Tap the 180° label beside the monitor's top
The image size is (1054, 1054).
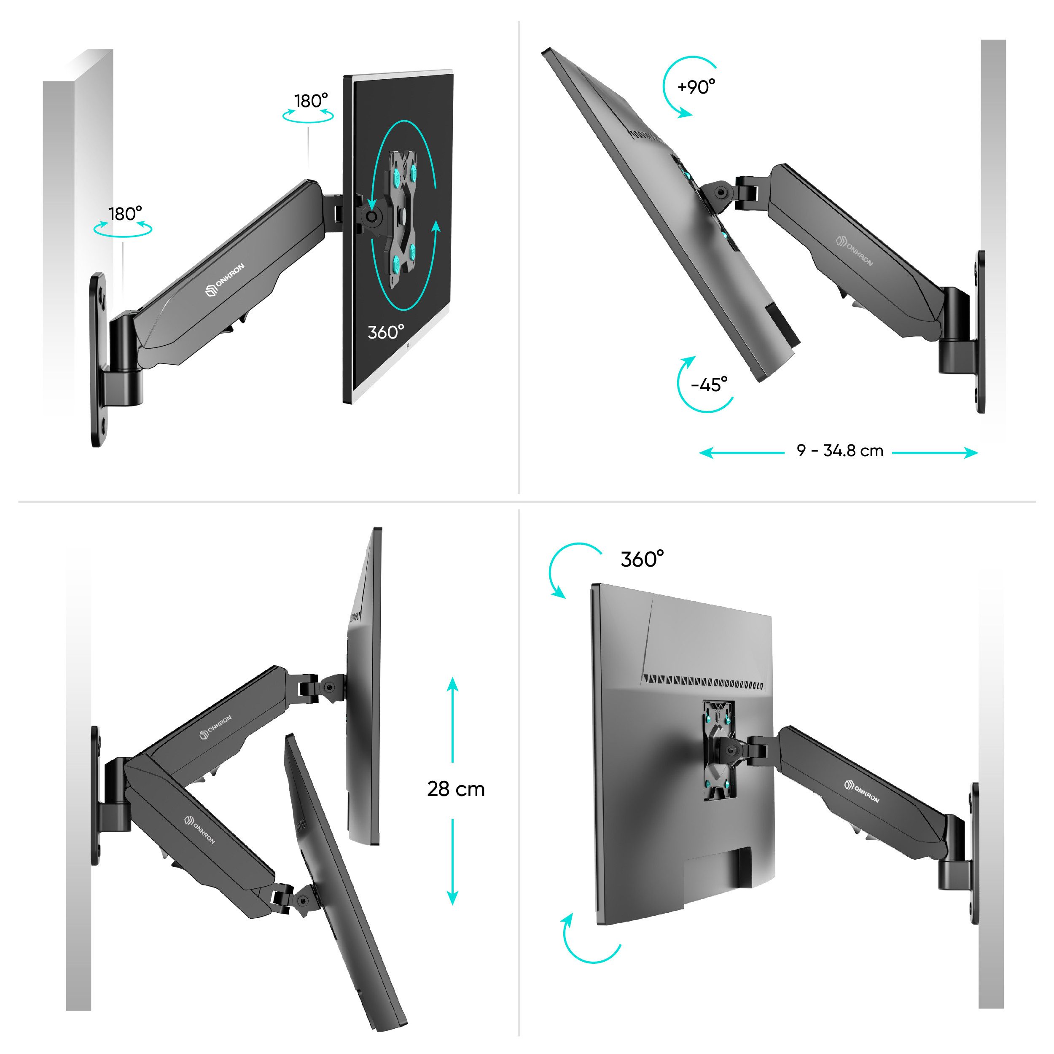point(311,101)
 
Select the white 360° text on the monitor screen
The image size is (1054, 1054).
point(386,332)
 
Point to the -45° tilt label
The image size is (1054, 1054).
point(709,384)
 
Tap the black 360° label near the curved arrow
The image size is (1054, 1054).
point(642,559)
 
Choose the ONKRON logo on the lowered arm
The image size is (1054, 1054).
point(200,829)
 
